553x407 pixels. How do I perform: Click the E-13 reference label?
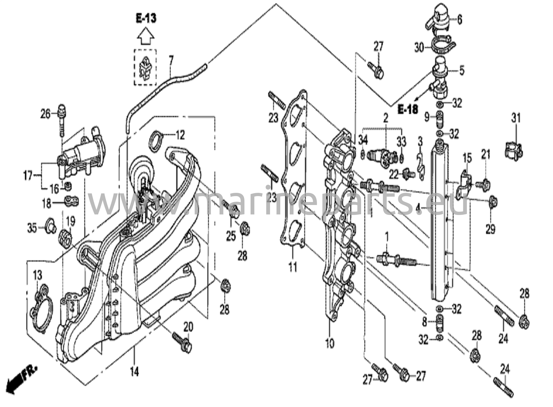(x=146, y=19)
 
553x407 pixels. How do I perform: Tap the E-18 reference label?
(x=408, y=109)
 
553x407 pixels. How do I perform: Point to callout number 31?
(x=515, y=118)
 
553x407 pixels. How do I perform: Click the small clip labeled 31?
(x=513, y=151)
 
